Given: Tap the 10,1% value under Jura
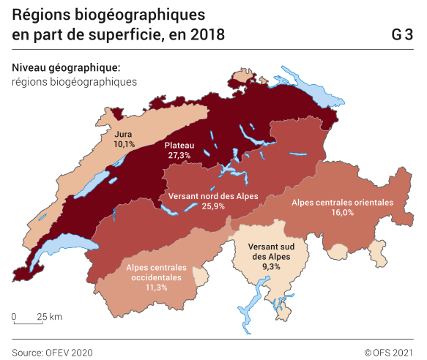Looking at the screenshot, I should tap(124, 145).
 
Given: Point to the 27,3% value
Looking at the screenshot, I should tap(179, 156).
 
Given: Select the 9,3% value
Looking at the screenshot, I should tap(270, 267).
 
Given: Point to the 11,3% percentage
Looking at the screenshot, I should tap(156, 288).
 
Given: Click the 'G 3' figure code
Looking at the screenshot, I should tap(401, 34).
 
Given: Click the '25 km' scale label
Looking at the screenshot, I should tap(50, 317).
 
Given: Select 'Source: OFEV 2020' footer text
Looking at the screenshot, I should tap(52, 352).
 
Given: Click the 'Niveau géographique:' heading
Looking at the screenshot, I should tap(66, 67).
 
